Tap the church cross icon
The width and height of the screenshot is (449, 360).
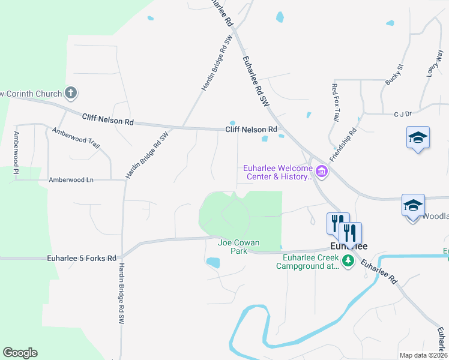tap(71, 93)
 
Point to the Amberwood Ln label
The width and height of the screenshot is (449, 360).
tap(71, 179)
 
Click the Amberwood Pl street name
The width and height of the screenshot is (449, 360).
tap(16, 149)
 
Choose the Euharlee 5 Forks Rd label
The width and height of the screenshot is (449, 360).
tap(81, 259)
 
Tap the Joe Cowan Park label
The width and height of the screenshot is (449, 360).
tap(239, 247)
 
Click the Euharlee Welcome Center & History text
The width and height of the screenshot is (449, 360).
tap(278, 173)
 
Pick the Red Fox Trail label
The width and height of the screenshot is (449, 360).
tap(336, 103)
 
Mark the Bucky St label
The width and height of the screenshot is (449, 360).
tap(394, 74)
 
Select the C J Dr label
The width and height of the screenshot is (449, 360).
tap(402, 113)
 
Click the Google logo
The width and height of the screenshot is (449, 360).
tap(20, 353)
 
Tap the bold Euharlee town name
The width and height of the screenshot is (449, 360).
tap(349, 246)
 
